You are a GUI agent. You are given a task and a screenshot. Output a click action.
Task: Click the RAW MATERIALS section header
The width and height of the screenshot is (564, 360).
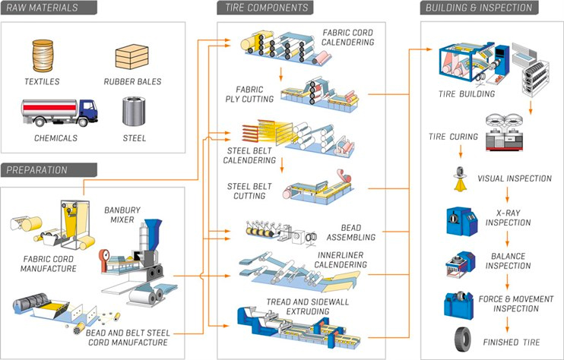tap(44, 8)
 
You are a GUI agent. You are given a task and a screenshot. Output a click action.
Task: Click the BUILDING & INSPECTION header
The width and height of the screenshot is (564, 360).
tap(479, 8)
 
